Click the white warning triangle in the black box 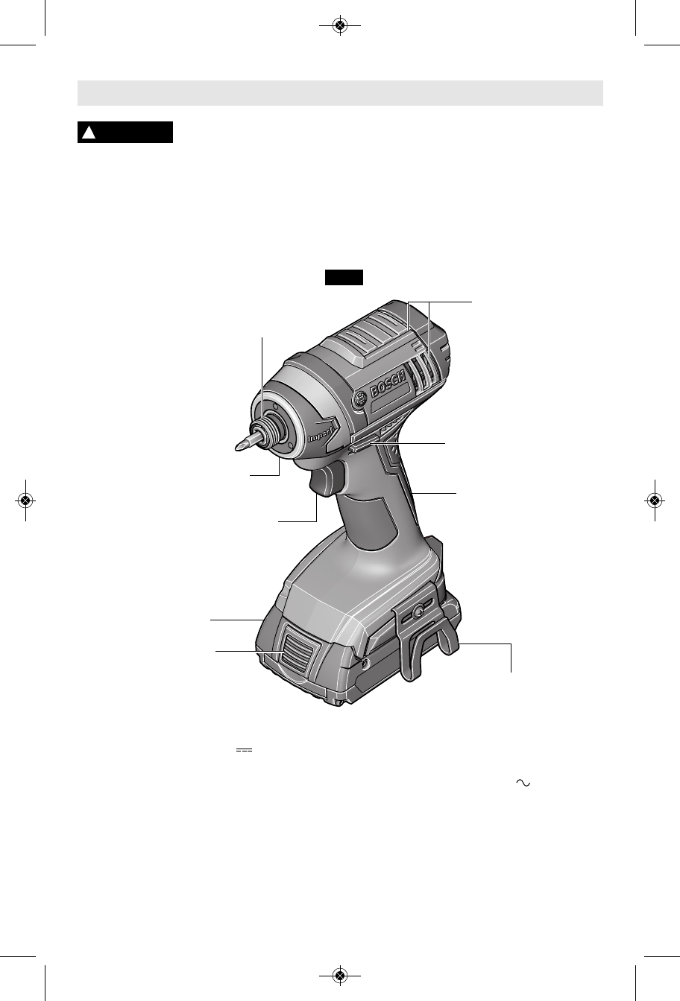point(89,133)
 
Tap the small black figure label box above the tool point(344,277)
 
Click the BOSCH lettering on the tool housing point(388,384)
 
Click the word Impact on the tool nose point(321,433)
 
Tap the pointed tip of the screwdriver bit point(236,448)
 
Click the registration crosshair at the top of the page point(340,26)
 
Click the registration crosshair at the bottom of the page point(340,974)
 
